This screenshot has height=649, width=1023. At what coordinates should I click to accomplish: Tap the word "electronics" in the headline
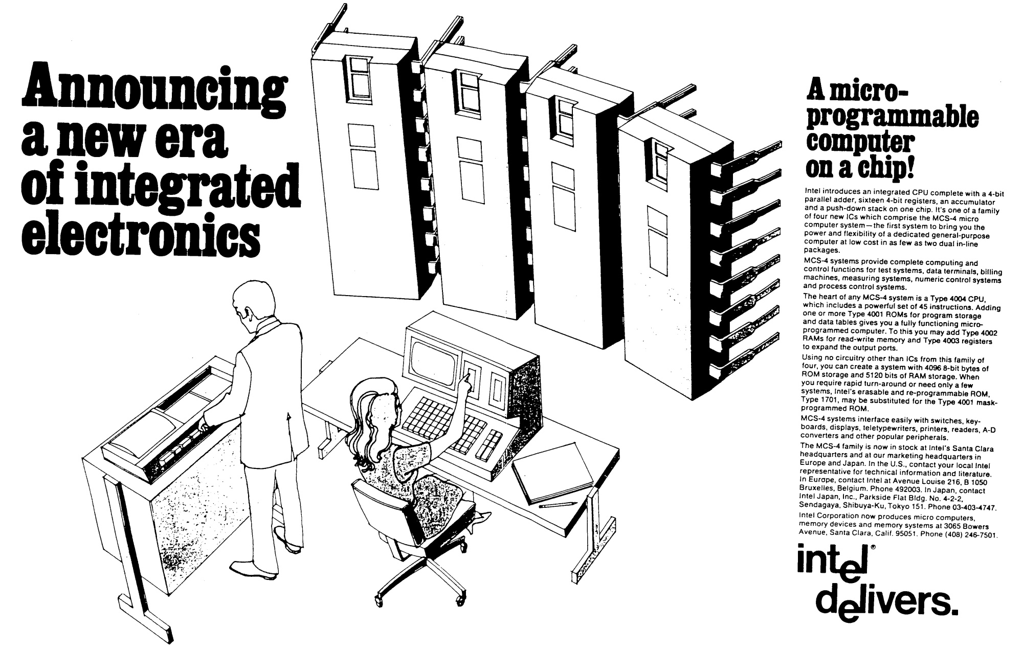(x=137, y=230)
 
